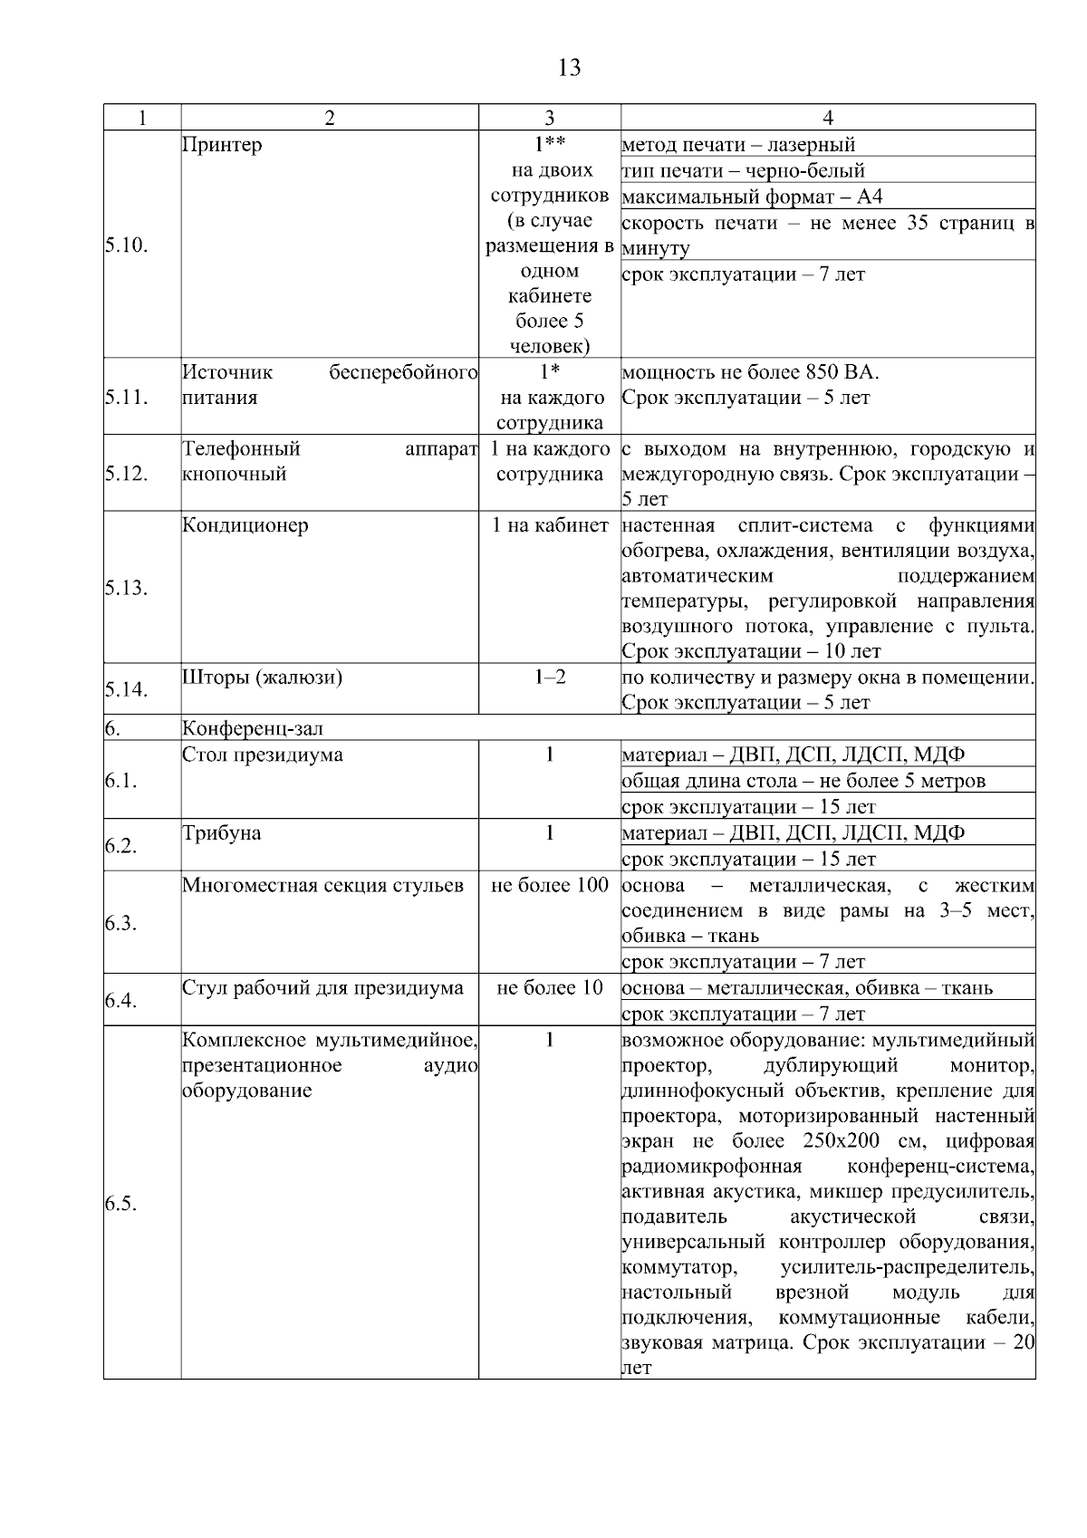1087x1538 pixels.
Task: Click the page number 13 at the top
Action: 570,68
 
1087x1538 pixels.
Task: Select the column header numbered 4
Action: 828,118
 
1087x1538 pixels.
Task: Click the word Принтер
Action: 222,145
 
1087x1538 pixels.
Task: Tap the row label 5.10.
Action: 126,245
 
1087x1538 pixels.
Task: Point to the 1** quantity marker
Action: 550,145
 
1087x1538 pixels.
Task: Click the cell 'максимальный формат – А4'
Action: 752,197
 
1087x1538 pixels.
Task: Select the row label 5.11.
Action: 126,397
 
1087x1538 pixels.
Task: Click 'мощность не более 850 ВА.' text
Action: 750,372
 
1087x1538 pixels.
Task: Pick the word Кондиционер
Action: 245,525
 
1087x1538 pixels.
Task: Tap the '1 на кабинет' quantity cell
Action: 550,525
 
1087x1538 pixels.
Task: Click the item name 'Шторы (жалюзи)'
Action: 262,678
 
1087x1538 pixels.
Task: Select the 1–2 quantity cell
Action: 550,678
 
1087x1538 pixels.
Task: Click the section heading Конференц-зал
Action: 253,728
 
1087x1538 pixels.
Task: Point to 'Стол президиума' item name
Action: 262,755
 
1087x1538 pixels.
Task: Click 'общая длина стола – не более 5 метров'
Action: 803,781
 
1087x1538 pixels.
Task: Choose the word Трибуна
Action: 222,833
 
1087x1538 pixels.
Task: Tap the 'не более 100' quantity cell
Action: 550,885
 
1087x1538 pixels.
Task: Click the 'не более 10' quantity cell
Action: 550,988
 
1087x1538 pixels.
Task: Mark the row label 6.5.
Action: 122,1203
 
